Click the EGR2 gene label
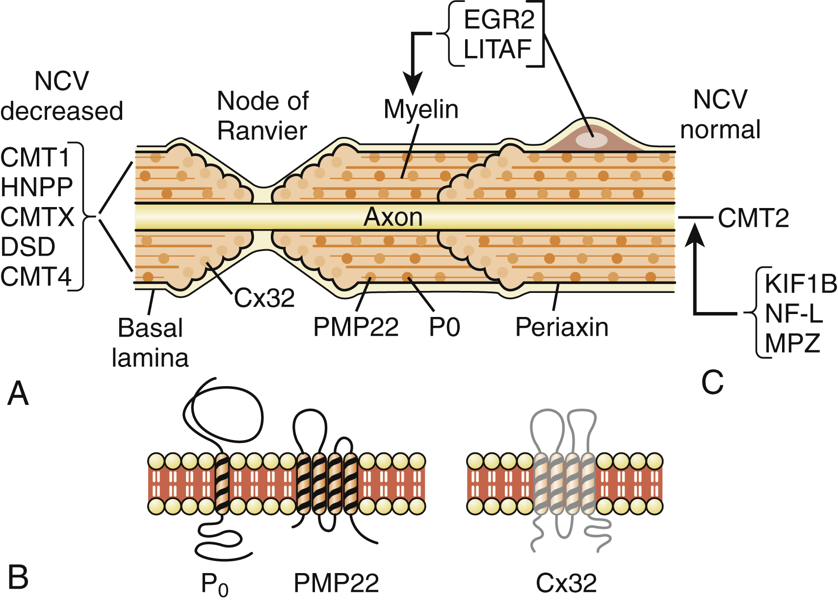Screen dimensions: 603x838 (x=498, y=20)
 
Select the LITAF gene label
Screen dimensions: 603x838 (x=498, y=49)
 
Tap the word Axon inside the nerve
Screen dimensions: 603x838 (x=393, y=217)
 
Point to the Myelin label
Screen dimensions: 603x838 (x=421, y=109)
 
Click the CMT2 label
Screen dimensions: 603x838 (x=754, y=218)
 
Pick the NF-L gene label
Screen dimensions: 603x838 (x=793, y=314)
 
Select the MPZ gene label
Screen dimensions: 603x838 (x=792, y=343)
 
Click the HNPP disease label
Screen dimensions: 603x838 (x=37, y=187)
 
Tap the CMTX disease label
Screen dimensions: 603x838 (x=37, y=217)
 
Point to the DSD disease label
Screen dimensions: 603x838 (x=28, y=247)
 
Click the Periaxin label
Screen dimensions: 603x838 (x=562, y=327)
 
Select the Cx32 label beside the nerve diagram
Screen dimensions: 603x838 (x=264, y=298)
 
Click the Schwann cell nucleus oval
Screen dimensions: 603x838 (x=591, y=140)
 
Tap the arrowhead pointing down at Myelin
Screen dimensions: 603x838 (x=413, y=84)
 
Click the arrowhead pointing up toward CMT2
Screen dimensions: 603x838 (x=695, y=234)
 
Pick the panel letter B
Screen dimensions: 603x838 (x=18, y=577)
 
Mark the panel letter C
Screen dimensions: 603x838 (x=712, y=382)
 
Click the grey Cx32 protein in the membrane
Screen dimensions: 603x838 (x=564, y=483)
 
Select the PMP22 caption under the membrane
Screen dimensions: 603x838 (x=336, y=583)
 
